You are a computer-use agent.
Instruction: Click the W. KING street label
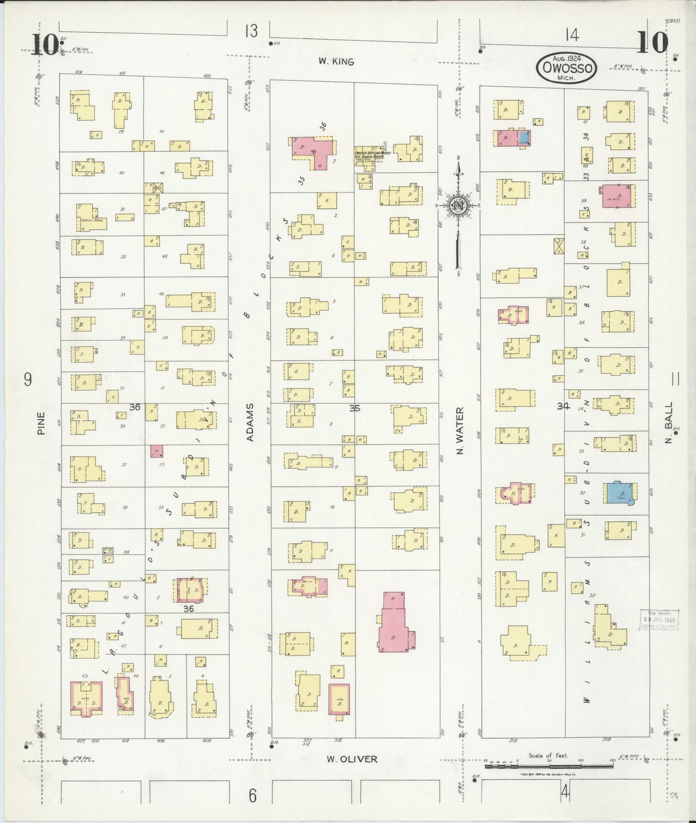pos(336,62)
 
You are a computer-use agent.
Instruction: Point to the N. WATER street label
pos(460,431)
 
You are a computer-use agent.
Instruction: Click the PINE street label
pos(41,423)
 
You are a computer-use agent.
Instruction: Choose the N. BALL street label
pos(669,426)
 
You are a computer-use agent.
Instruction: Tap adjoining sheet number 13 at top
pos(251,31)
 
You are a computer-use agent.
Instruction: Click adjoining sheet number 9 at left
pos(28,380)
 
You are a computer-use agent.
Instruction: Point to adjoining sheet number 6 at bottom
pos(252,796)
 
